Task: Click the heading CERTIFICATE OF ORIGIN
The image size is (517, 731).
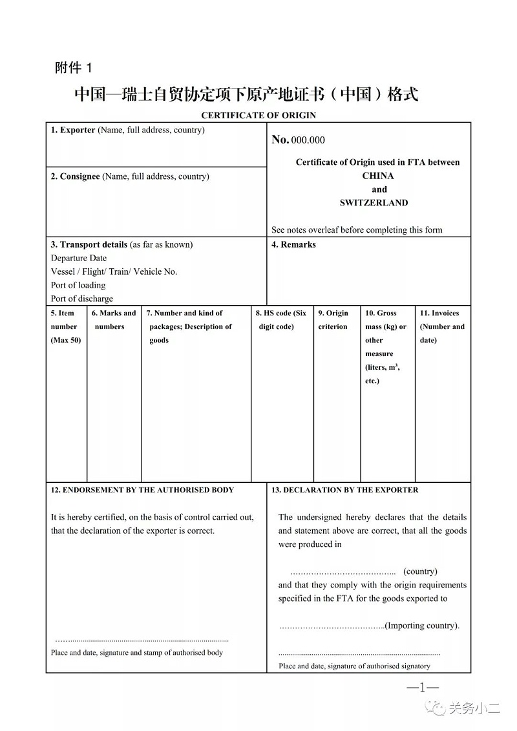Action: [x=258, y=115]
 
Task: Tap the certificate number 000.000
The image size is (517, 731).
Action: [x=308, y=140]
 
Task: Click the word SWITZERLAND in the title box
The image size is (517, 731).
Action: [x=374, y=202]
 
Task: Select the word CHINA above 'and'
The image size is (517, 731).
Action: [x=378, y=176]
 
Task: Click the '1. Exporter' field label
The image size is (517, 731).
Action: [x=73, y=130]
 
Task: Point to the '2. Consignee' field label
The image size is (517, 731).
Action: [x=76, y=176]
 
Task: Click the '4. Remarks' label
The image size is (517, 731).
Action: [x=293, y=244]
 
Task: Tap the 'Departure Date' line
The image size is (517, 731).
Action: [x=79, y=258]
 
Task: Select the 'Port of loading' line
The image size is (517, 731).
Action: [x=78, y=285]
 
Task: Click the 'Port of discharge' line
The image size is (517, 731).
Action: [x=82, y=299]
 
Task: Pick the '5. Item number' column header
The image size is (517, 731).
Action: [x=65, y=326]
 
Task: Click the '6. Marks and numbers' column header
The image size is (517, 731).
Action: [x=113, y=319]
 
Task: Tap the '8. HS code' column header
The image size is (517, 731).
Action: [x=280, y=319]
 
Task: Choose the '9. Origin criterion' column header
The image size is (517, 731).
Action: [x=333, y=319]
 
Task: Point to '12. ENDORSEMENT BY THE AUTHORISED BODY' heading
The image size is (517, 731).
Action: [x=142, y=490]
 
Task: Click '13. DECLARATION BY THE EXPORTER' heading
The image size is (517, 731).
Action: [x=344, y=490]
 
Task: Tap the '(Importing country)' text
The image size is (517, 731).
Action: [x=422, y=626]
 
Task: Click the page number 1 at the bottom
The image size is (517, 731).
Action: [x=422, y=688]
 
